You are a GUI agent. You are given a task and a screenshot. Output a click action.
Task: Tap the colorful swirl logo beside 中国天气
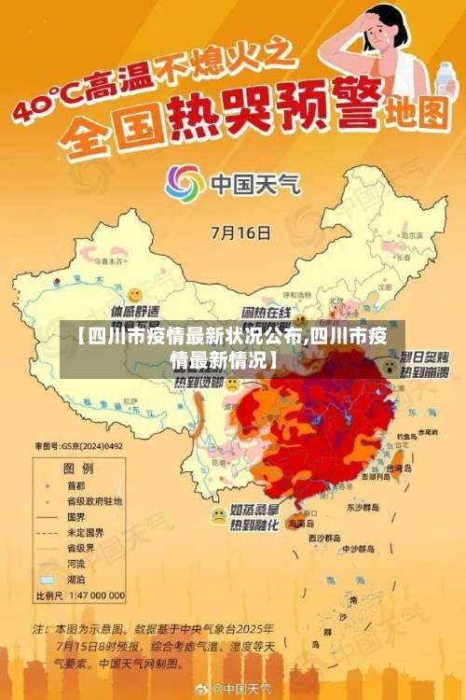click(x=185, y=184)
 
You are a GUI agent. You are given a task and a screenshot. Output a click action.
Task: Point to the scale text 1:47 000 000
click(x=96, y=595)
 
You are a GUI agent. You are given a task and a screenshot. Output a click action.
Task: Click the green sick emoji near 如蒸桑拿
click(x=218, y=514)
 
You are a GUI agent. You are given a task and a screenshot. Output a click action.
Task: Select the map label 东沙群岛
click(x=360, y=508)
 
